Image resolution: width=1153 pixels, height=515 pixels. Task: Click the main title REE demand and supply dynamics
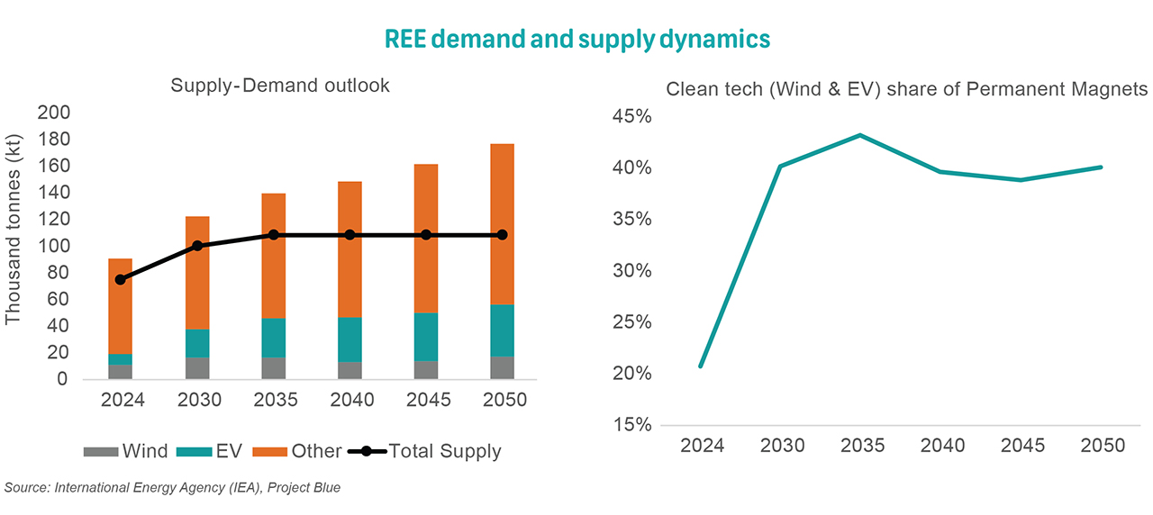click(x=577, y=39)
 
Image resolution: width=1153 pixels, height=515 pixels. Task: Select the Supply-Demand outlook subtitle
click(x=280, y=86)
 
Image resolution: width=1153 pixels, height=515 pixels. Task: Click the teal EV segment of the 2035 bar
click(x=274, y=338)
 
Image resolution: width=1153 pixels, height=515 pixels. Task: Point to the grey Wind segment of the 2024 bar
click(x=120, y=372)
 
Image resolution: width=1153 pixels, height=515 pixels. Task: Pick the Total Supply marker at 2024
click(x=120, y=279)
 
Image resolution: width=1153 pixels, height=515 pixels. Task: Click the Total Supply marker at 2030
click(x=197, y=246)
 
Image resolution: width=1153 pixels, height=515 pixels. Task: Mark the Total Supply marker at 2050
click(x=502, y=235)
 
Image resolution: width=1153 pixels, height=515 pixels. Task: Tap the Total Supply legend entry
click(x=423, y=451)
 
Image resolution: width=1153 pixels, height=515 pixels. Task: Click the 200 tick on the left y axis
click(x=52, y=113)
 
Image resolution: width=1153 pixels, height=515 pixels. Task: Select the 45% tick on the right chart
click(x=631, y=117)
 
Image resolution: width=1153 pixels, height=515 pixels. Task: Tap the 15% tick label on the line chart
click(x=631, y=425)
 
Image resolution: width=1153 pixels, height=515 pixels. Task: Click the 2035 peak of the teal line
click(x=860, y=135)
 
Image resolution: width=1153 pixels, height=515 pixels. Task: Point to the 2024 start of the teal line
click(x=700, y=366)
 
